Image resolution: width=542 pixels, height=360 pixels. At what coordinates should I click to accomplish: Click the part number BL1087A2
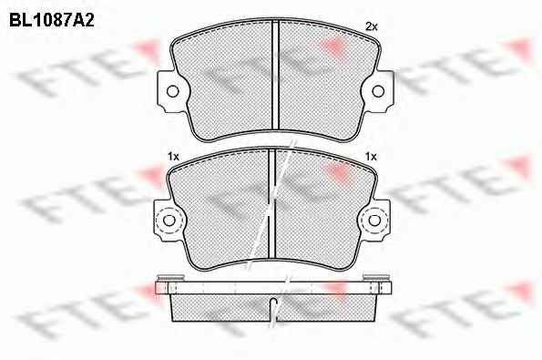pyautogui.click(x=52, y=20)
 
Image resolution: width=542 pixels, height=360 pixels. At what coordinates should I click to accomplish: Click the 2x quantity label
pyautogui.click(x=372, y=26)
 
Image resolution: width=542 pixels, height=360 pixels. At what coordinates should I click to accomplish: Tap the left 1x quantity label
pyautogui.click(x=173, y=157)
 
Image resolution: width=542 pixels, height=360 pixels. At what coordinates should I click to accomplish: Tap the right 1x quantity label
pyautogui.click(x=371, y=157)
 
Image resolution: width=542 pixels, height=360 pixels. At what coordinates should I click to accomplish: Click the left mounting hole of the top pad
pyautogui.click(x=172, y=91)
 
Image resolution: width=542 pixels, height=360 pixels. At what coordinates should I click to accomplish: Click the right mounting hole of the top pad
pyautogui.click(x=378, y=91)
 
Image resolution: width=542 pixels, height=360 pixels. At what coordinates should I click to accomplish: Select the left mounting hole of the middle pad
pyautogui.click(x=169, y=221)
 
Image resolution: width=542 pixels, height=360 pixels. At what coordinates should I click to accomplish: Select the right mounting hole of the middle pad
pyautogui.click(x=374, y=221)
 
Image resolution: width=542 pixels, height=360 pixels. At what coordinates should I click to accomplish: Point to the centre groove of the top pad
pyautogui.click(x=275, y=74)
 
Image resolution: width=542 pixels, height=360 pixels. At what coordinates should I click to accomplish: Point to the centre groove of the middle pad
pyautogui.click(x=271, y=203)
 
